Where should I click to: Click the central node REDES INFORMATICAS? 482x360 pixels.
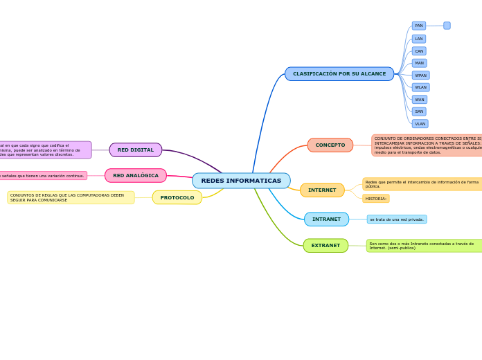[241, 181]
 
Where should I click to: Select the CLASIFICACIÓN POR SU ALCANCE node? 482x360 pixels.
[339, 74]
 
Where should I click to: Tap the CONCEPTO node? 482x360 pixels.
[330, 145]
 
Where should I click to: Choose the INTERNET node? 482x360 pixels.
[322, 190]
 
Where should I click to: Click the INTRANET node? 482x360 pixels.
[326, 219]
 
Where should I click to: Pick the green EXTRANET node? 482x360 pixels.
[325, 246]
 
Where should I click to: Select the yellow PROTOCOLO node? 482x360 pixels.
[177, 198]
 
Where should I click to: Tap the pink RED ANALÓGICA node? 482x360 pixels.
[136, 176]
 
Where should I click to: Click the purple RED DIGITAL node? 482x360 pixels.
[136, 150]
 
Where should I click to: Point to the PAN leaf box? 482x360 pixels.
[419, 26]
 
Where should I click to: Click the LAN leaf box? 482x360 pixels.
[419, 39]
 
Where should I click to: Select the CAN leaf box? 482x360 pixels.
[419, 51]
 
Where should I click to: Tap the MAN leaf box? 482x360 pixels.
[419, 63]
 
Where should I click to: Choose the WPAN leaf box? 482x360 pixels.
[420, 75]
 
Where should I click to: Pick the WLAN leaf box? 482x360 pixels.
[420, 87]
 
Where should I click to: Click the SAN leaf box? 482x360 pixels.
[419, 111]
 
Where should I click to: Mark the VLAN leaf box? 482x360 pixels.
[420, 124]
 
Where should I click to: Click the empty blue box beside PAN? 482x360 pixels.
[447, 26]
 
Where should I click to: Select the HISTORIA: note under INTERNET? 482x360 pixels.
[376, 199]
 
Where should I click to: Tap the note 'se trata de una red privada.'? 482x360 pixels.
[397, 219]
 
